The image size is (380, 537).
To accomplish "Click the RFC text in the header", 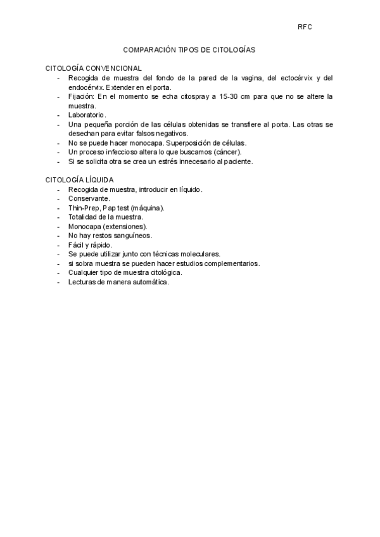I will tap(305, 27).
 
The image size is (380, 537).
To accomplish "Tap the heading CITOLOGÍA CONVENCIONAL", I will tap(94, 68).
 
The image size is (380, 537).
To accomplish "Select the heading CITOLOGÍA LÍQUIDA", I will tap(79, 180).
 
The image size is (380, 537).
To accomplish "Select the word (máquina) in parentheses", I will tap(148, 208).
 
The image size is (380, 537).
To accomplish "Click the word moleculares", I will tap(192, 254).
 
